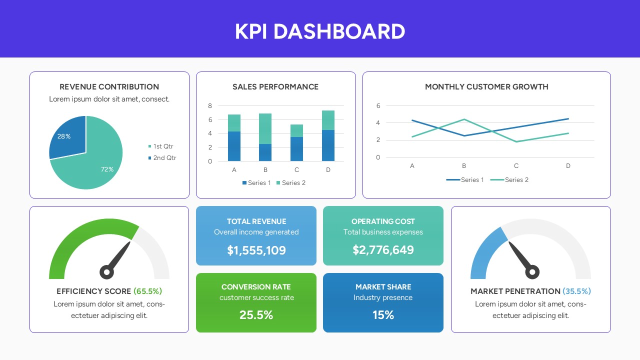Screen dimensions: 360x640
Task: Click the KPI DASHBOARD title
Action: [x=320, y=31]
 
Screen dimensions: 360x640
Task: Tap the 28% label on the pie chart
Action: [x=64, y=136]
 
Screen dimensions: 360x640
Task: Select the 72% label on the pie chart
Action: [x=107, y=169]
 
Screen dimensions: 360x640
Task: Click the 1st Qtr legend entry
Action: [x=163, y=146]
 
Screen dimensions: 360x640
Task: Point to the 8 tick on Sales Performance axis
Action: [x=210, y=106]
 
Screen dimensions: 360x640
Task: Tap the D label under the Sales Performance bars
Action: [x=328, y=170]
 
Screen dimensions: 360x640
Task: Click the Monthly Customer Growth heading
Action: [x=486, y=87]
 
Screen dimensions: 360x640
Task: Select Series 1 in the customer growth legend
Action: [x=472, y=180]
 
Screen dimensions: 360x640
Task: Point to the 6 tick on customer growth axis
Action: [x=378, y=106]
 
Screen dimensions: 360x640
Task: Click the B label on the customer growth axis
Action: [x=464, y=166]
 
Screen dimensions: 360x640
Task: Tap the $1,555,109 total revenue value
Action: [x=256, y=250]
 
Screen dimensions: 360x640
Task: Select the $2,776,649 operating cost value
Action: [x=383, y=250]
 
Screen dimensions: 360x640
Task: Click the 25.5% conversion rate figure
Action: [x=256, y=315]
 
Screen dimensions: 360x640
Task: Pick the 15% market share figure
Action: [x=383, y=315]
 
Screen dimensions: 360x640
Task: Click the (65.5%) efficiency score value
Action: [x=147, y=291]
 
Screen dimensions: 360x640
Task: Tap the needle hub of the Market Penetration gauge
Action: [x=532, y=272]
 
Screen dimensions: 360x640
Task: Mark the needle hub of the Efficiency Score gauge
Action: [x=106, y=272]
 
